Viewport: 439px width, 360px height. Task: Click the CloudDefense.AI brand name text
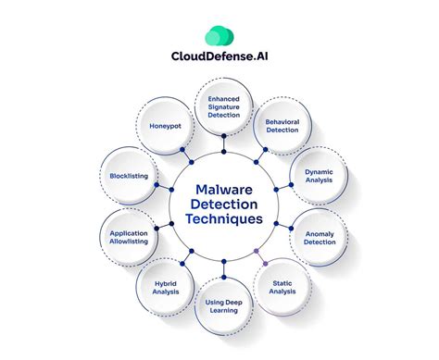220,66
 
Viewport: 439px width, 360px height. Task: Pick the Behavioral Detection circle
281,127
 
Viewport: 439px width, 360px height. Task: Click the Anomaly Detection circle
319,238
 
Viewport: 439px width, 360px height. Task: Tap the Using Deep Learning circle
222,306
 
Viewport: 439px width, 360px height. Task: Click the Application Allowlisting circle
128,240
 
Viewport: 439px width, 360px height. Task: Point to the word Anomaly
319,233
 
